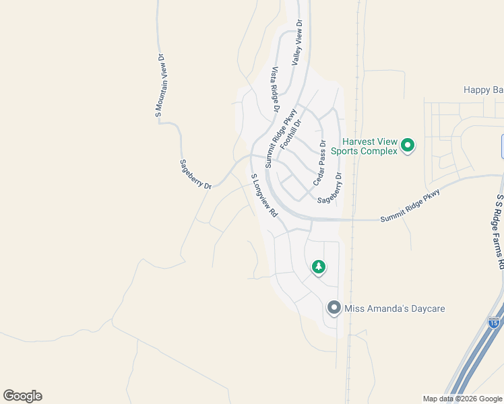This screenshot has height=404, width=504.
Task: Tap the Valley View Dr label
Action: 296,43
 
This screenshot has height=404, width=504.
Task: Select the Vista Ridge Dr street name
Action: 275,89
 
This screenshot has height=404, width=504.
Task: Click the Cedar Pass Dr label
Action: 319,164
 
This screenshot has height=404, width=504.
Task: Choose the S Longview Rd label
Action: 264,195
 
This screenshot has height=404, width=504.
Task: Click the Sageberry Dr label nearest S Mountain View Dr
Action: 195,174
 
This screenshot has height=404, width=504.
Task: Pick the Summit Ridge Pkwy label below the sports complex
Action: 410,206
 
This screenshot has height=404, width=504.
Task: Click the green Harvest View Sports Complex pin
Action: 407,145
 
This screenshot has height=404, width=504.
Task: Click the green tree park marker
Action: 319,267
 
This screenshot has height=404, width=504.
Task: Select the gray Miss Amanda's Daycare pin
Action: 334,308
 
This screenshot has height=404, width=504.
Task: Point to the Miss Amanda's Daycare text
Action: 395,309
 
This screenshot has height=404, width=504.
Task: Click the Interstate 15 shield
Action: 494,323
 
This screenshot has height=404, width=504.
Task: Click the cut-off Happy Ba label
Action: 483,90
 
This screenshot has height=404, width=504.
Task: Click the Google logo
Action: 22,396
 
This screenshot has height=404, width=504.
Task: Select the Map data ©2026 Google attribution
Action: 462,399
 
